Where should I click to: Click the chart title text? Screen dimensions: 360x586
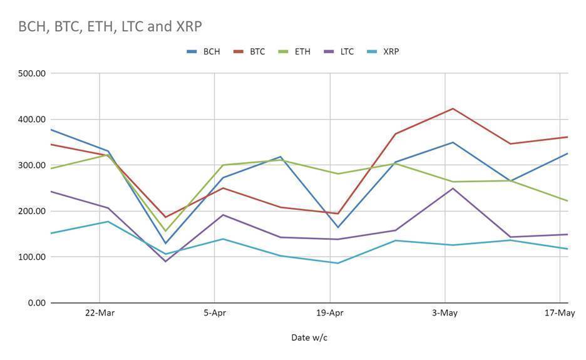tap(110, 26)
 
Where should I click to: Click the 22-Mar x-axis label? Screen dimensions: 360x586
tap(100, 313)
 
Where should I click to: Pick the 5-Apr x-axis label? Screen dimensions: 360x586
tap(215, 313)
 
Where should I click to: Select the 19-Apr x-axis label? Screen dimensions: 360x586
tap(330, 313)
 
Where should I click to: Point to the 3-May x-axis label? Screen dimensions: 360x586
tap(445, 313)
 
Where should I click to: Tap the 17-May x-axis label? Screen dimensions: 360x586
tap(560, 313)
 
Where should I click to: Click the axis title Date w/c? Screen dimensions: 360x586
tap(309, 337)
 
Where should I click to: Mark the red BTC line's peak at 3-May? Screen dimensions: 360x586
tap(453, 109)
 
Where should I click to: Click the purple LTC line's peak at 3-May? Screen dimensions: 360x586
tap(453, 188)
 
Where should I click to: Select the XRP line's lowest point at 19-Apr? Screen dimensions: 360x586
tap(338, 263)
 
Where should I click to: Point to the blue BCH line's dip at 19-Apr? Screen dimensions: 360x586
tap(338, 227)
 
